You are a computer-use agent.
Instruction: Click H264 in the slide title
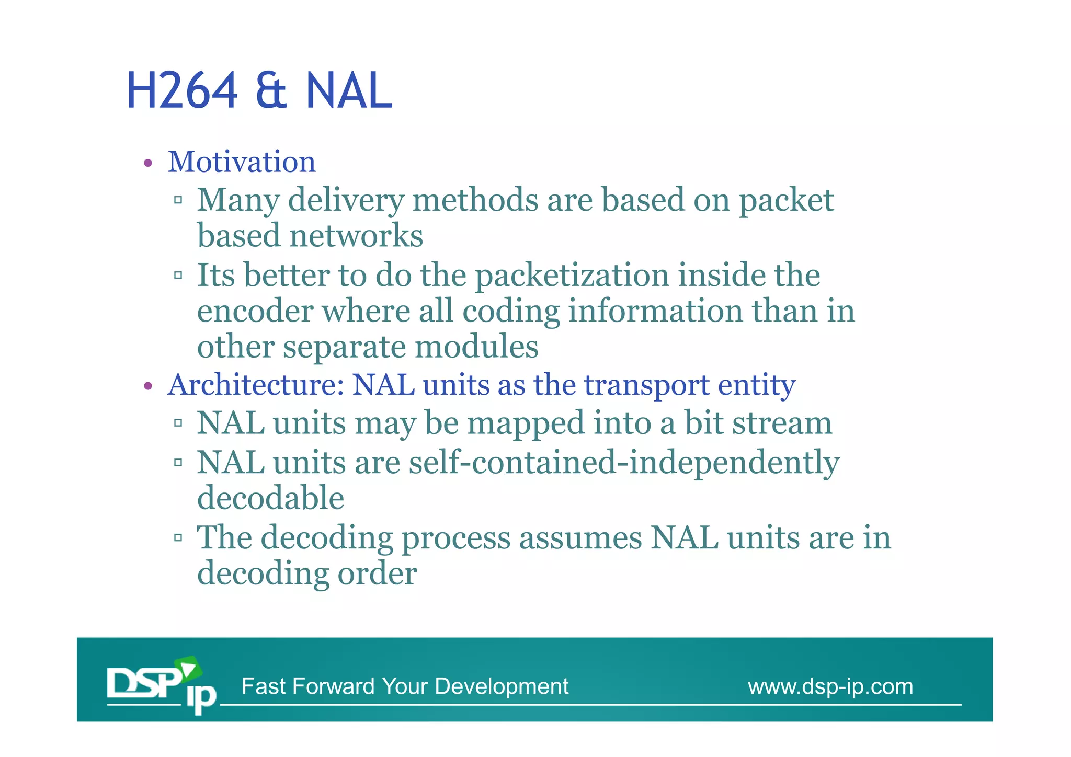click(182, 91)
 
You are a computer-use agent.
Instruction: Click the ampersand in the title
click(271, 92)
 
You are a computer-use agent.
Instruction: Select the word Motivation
click(242, 162)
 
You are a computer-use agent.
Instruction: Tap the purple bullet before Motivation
click(148, 164)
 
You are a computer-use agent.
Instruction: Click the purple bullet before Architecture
click(148, 387)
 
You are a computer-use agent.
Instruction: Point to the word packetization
click(572, 276)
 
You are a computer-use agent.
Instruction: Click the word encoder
click(255, 311)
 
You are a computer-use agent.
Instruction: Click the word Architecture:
click(255, 385)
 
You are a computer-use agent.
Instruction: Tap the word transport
click(646, 385)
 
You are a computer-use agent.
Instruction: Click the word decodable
click(270, 498)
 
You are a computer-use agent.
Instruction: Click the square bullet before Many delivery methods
click(178, 200)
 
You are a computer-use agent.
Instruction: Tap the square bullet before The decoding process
click(178, 537)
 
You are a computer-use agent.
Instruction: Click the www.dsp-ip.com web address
click(830, 686)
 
